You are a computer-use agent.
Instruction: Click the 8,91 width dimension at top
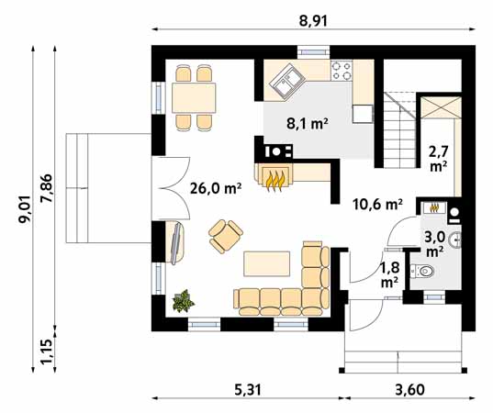(313, 21)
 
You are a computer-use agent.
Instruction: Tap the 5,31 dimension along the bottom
(248, 390)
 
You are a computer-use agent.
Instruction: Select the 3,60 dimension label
(410, 390)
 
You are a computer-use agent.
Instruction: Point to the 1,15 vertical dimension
(48, 353)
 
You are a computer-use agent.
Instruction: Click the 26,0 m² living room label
(216, 188)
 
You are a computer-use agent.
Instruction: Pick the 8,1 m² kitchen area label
(308, 124)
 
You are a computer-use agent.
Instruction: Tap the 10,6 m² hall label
(377, 205)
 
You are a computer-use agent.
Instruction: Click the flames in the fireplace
(275, 181)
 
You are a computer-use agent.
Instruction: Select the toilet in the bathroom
(422, 271)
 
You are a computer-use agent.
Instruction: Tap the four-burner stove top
(342, 71)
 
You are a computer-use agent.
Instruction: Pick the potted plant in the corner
(183, 301)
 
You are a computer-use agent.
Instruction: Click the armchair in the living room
(226, 236)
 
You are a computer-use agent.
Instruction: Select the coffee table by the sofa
(267, 263)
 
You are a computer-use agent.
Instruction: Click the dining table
(194, 97)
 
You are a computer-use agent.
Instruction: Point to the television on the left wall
(176, 242)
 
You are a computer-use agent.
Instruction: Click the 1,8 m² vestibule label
(390, 274)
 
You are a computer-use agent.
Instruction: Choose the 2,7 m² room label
(439, 158)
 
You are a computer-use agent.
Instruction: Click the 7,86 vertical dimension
(48, 189)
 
